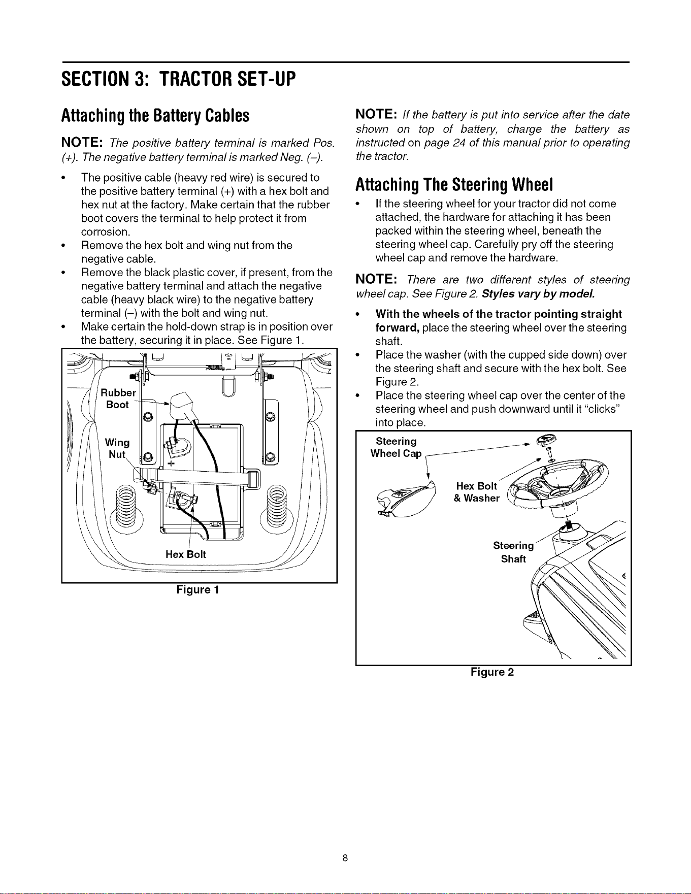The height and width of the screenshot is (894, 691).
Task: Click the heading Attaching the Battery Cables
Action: (155, 116)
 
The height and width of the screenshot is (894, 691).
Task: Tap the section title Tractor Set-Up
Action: (227, 79)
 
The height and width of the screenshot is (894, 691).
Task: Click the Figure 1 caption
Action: (198, 590)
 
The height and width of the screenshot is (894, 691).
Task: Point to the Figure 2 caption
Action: (492, 672)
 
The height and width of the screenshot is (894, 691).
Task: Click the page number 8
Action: (345, 858)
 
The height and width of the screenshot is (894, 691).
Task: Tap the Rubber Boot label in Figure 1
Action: (118, 399)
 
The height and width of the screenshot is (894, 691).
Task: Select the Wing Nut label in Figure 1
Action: (117, 448)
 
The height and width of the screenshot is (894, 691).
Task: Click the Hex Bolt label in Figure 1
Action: (186, 554)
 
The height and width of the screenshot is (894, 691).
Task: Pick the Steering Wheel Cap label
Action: (396, 447)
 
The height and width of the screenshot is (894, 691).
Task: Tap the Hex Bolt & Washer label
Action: (476, 492)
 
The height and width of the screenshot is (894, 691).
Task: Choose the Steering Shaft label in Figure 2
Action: (513, 552)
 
